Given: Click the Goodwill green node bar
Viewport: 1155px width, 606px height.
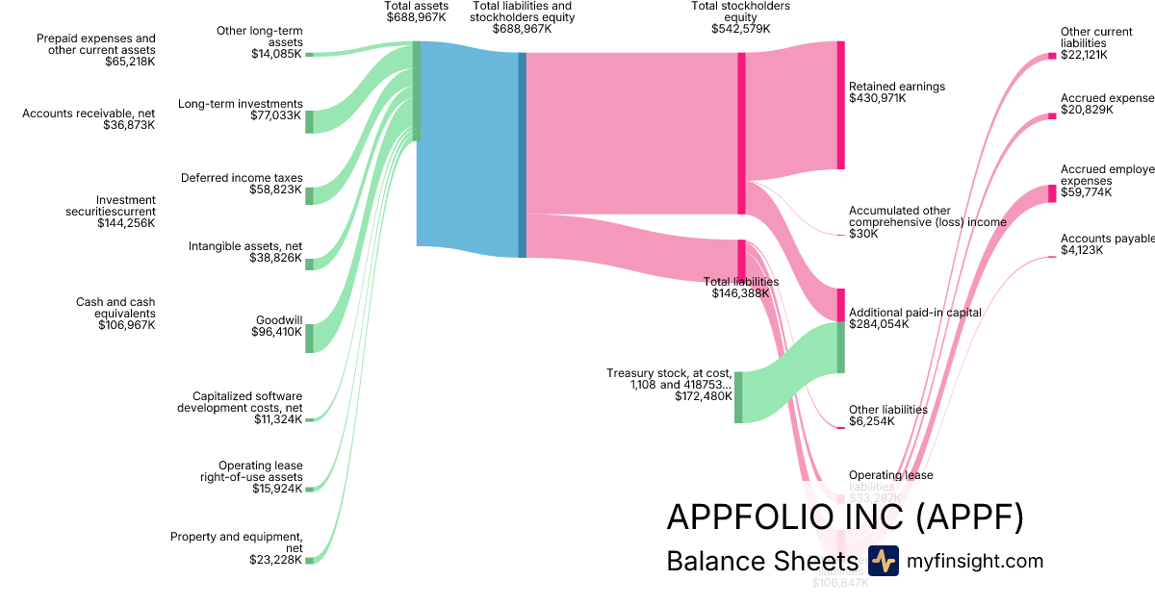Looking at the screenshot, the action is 309,338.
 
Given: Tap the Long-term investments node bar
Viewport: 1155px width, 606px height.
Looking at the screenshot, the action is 309,121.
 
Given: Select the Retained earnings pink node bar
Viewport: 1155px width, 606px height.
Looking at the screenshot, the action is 840,105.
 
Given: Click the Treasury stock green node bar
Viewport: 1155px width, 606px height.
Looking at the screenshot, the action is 738,396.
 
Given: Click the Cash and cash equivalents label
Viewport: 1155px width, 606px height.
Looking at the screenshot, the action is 115,308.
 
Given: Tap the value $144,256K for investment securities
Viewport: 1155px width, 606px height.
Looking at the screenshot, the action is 126,223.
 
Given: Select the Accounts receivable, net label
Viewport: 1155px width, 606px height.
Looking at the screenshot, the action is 89,114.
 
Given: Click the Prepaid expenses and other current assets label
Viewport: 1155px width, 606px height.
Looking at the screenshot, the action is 96,44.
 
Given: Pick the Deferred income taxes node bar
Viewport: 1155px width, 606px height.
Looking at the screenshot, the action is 309,195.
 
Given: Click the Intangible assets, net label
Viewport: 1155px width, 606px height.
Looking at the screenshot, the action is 245,246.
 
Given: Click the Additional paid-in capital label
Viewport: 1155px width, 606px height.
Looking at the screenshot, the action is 914,313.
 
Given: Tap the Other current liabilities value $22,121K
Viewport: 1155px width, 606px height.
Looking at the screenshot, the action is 1084,55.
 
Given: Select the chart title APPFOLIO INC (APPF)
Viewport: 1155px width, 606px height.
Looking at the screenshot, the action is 844,518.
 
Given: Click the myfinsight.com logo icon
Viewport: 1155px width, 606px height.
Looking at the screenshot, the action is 883,561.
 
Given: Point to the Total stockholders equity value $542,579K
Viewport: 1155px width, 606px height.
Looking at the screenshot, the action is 740,29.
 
